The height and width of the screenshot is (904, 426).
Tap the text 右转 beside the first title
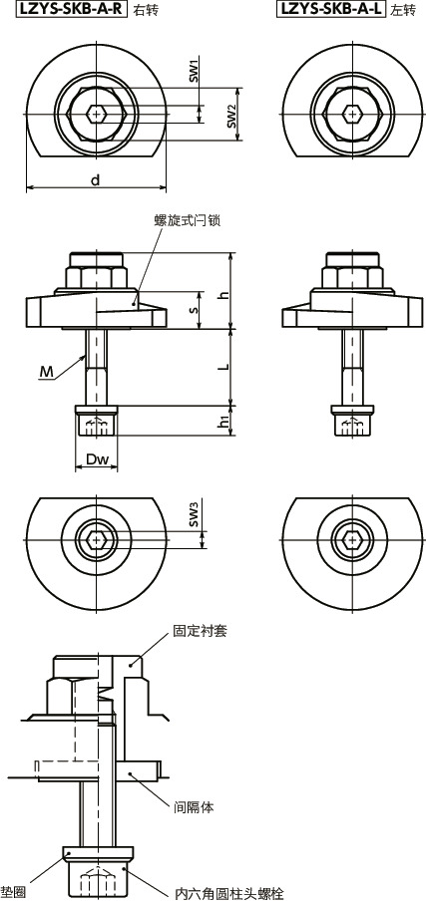147,10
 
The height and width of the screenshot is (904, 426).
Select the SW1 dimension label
196,70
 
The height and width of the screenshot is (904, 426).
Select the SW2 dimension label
232,116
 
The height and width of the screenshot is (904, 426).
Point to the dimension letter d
95,180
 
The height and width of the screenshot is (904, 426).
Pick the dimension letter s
195,311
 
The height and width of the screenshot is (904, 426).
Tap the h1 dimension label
224,423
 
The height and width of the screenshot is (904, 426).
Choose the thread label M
46,372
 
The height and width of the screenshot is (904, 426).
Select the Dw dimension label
97,460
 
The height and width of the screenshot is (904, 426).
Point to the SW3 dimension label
196,514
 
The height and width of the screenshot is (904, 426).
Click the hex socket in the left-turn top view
353,113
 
